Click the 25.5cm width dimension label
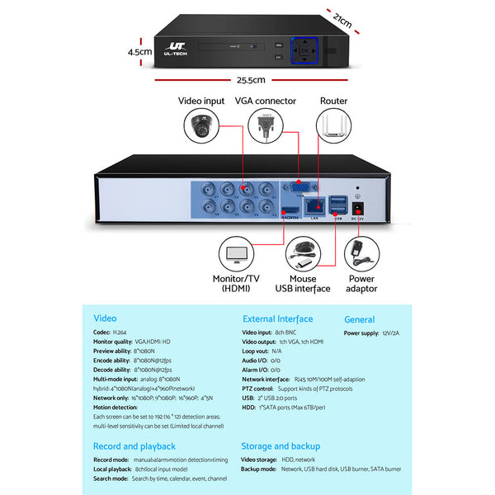coord(251,80)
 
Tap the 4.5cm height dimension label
coord(140,51)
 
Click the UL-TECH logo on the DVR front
coord(177,49)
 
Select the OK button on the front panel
coord(305,49)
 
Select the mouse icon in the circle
coord(304,252)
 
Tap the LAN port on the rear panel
coord(313,206)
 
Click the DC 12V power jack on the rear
coord(358,206)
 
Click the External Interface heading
coord(277,318)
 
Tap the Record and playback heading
coord(134,445)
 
